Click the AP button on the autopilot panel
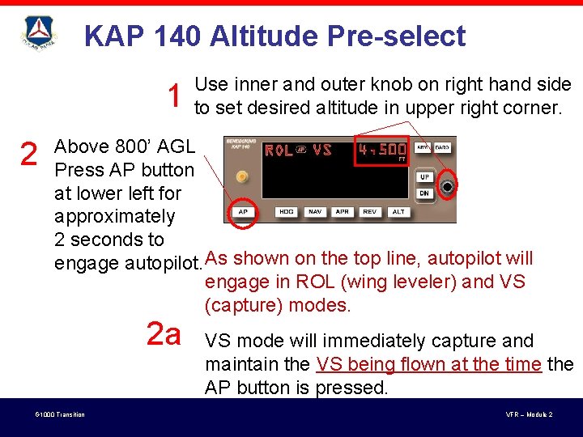click(x=242, y=212)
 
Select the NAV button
click(x=315, y=212)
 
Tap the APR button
click(x=342, y=212)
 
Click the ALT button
click(x=398, y=212)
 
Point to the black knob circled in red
click(x=448, y=187)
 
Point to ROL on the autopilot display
click(x=279, y=150)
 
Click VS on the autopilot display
click(x=322, y=150)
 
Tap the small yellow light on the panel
click(x=241, y=176)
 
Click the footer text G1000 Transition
click(x=60, y=415)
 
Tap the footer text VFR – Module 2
click(x=529, y=415)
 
